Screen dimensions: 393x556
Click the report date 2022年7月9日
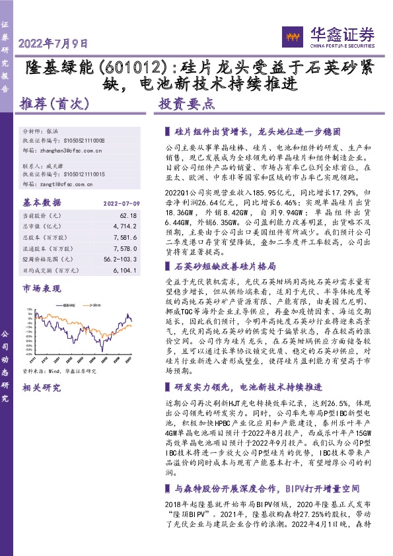tap(53, 44)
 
